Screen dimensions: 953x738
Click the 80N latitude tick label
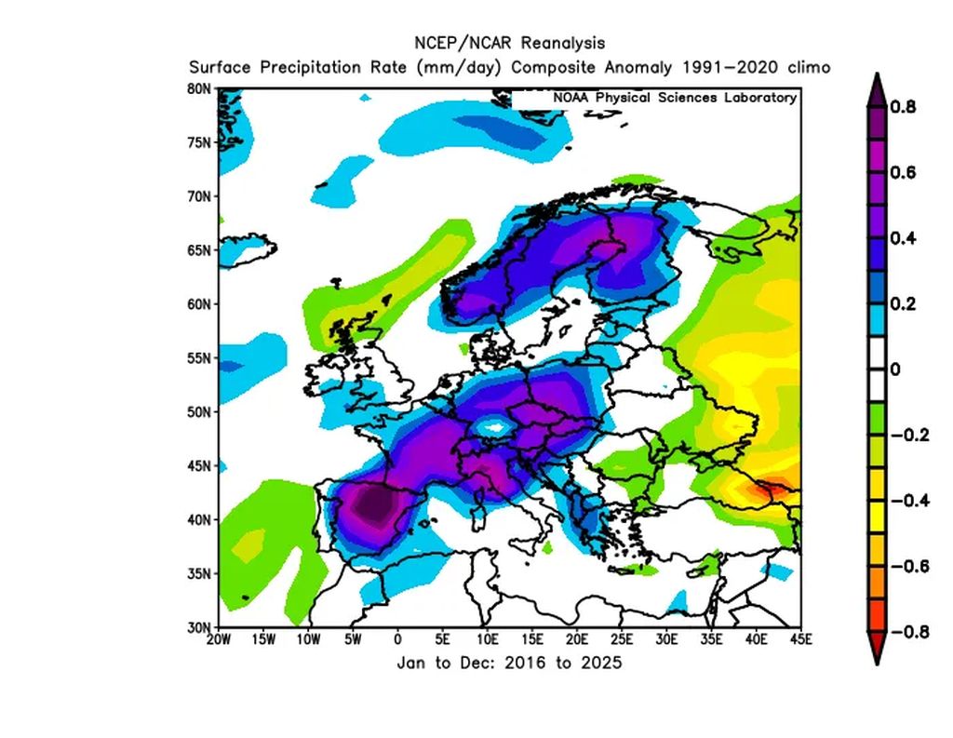199,88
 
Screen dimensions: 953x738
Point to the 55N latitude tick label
199,358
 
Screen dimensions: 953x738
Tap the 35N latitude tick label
199,574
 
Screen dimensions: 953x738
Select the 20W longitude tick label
219,639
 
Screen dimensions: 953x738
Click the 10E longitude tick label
488,639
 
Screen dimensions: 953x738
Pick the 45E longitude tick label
801,639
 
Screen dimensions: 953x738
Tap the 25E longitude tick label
622,639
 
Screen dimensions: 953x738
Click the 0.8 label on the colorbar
903,107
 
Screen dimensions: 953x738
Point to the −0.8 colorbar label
910,632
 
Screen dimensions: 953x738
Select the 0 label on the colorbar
894,369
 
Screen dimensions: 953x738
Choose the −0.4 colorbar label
910,501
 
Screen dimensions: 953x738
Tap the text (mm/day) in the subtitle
459,68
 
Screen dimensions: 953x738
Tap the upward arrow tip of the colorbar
877,74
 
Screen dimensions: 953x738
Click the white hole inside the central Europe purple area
494,428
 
